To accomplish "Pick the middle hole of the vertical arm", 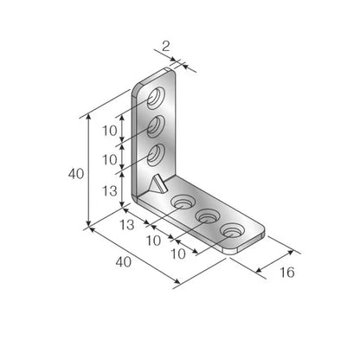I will pyautogui.click(x=158, y=126).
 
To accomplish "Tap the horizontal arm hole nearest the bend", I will pyautogui.click(x=183, y=202).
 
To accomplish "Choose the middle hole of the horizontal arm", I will pyautogui.click(x=208, y=216).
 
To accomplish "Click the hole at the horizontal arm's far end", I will pyautogui.click(x=232, y=231).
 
